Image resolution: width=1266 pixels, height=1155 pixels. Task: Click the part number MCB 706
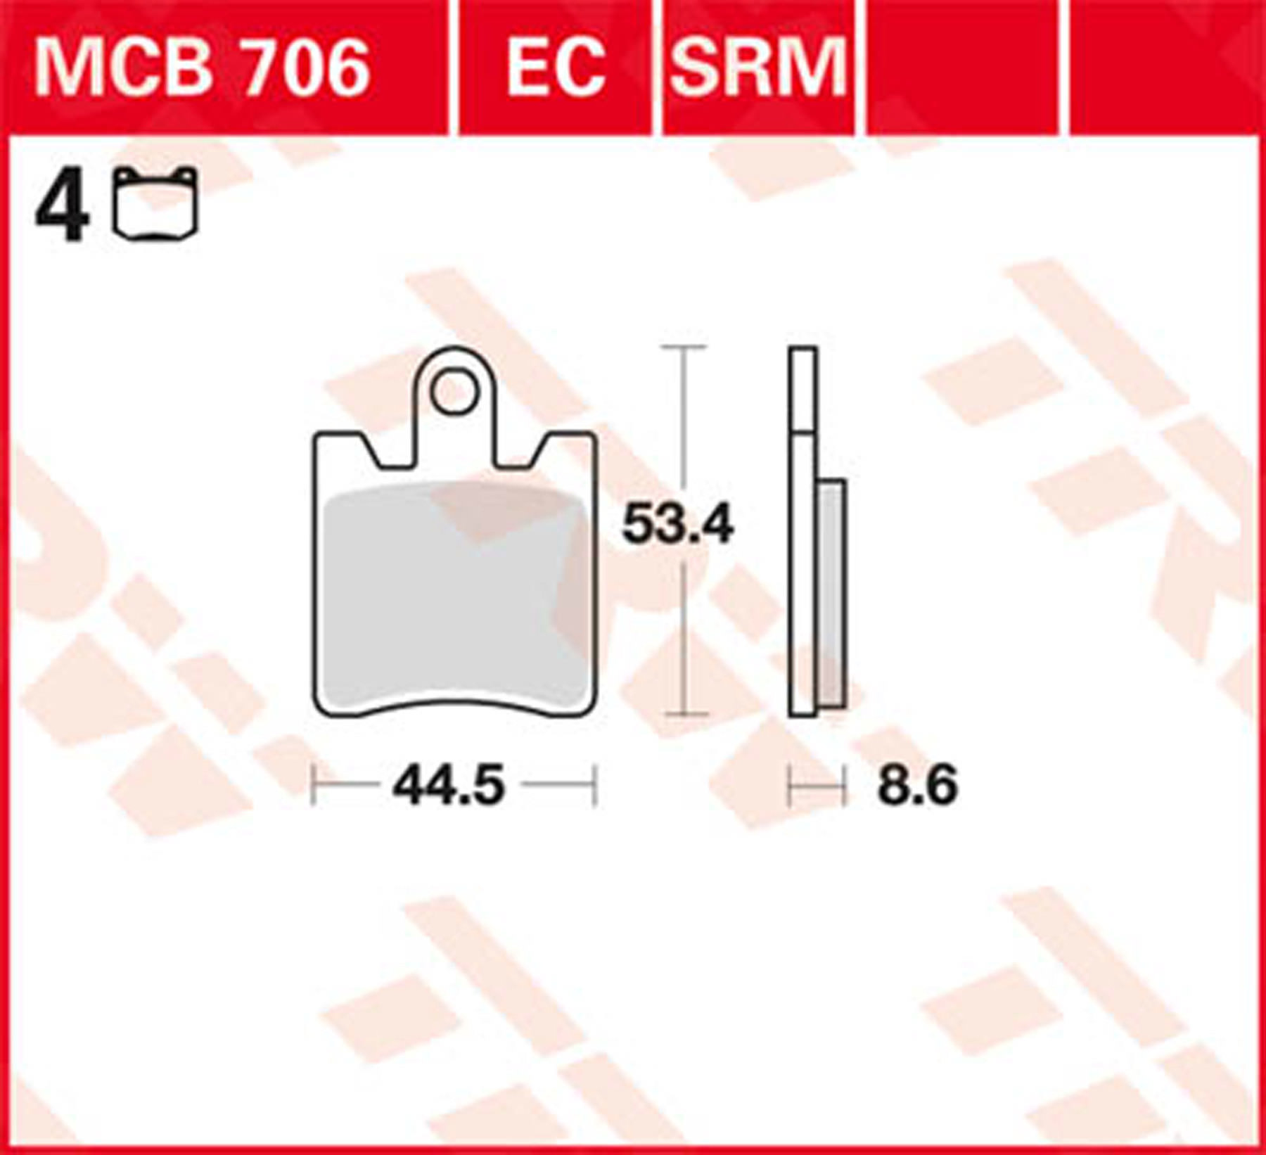(x=203, y=68)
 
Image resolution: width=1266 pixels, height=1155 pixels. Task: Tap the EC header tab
(x=556, y=68)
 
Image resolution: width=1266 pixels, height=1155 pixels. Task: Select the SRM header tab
(x=758, y=68)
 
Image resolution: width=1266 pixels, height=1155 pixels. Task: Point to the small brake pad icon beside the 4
(x=155, y=204)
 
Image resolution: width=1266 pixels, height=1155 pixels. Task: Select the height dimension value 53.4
(x=677, y=524)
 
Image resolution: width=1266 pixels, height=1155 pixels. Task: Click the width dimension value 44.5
(x=449, y=786)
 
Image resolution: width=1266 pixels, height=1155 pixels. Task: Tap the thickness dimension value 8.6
(x=917, y=786)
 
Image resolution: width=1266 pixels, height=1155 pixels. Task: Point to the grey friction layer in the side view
(x=832, y=594)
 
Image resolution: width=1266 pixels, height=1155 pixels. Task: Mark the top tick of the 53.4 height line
(x=683, y=347)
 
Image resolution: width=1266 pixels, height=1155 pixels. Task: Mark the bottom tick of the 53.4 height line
(x=683, y=715)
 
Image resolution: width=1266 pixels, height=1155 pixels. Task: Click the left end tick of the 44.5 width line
(x=314, y=785)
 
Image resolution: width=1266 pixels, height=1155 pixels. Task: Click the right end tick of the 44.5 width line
(x=595, y=785)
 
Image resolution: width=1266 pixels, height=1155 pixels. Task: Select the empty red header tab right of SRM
(x=961, y=68)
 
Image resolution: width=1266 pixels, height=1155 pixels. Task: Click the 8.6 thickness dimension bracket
(x=817, y=787)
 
